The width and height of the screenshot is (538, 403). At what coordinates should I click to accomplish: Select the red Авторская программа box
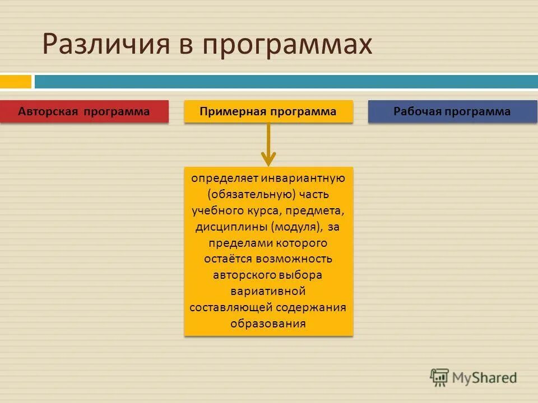tap(84, 111)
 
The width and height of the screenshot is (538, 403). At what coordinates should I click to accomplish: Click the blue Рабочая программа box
tap(452, 111)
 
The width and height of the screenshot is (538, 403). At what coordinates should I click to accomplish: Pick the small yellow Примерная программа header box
tap(268, 111)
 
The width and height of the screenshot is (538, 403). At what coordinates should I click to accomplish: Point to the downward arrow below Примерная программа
tap(268, 146)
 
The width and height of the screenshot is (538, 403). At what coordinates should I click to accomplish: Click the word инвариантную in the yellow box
tap(305, 179)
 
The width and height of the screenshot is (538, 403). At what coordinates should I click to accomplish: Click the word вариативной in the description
tap(268, 291)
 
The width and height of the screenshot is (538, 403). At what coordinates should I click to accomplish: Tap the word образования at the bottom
tap(268, 324)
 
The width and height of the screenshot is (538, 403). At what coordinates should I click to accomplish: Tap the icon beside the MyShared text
tap(439, 377)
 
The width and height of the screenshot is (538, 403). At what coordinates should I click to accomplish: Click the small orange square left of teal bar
tap(16, 82)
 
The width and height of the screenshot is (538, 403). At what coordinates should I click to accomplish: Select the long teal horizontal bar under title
tap(286, 82)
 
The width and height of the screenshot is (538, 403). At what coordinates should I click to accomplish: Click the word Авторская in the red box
tap(49, 111)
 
